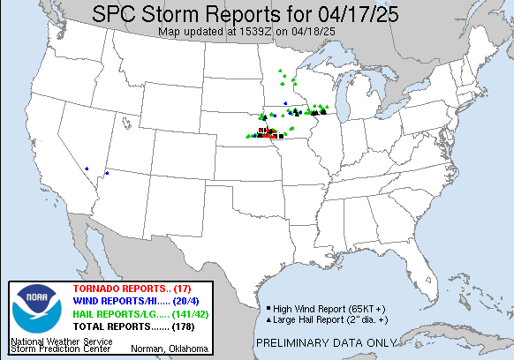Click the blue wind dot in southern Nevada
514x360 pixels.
tap(87, 169)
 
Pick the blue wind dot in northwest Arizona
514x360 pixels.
tap(106, 173)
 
